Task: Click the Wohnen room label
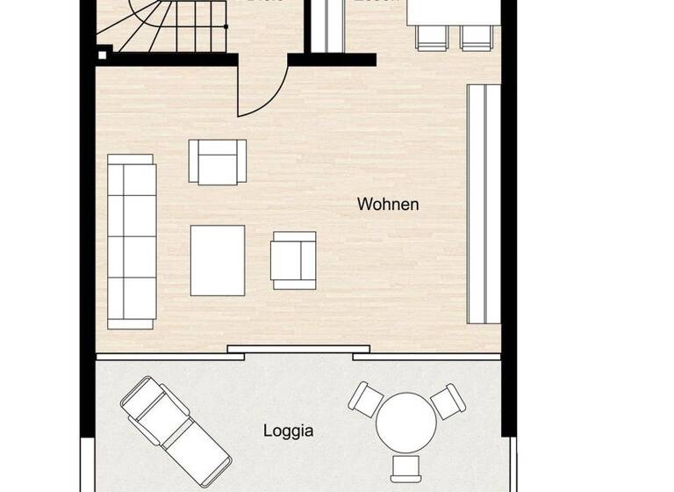388,205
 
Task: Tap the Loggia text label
289,431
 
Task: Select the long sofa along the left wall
131,242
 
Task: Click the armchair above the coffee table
217,162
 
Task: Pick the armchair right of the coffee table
293,260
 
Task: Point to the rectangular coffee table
218,260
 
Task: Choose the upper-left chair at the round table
365,400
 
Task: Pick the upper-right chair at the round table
448,401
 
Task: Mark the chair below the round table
406,467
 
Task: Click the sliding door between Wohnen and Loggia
290,350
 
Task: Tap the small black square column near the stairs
103,55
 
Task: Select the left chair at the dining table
431,37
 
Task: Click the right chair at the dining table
477,37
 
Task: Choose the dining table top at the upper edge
451,11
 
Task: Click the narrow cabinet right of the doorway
326,26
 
